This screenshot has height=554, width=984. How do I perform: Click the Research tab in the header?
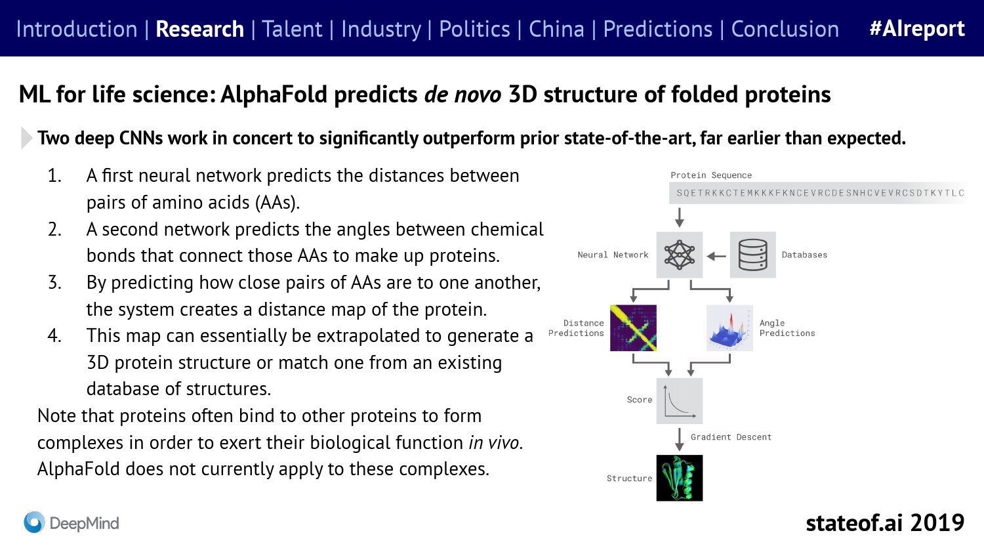pos(200,29)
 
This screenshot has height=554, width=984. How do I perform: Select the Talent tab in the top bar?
pos(293,29)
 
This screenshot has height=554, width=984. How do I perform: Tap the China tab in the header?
pos(556,29)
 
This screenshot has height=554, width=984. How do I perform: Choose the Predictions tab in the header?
pos(657,29)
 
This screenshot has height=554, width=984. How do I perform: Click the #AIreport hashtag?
pos(917,29)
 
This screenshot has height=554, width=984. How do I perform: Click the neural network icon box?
pos(680,255)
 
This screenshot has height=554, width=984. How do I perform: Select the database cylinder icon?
pos(753,255)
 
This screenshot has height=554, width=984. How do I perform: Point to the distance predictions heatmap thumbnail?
pos(634,328)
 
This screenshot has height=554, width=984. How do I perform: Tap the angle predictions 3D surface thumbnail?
pos(729,328)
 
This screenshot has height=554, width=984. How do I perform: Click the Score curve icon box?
pos(680,401)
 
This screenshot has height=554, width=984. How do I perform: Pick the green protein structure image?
pos(680,478)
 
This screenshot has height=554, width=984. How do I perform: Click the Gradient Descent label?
pos(731,437)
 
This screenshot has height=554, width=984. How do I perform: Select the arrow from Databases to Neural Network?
pos(716,256)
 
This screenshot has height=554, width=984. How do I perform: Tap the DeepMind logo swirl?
pos(34,522)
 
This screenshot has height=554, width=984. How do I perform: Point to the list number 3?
pos(54,283)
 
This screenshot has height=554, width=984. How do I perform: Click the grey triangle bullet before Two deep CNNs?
pos(26,138)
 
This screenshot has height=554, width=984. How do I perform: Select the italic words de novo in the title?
pos(462,95)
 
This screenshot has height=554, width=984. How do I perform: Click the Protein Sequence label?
pos(711,175)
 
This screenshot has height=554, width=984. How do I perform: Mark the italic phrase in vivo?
pos(494,442)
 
